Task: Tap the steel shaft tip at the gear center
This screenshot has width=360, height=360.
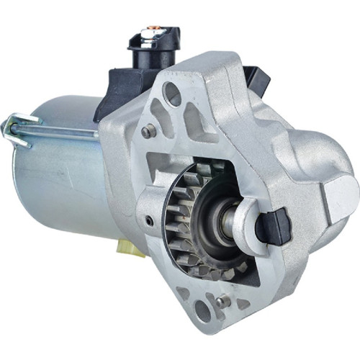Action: point(229,224)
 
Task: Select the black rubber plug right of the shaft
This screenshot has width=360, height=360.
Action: point(273,225)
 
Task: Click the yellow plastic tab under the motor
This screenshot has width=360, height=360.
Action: point(130,248)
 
